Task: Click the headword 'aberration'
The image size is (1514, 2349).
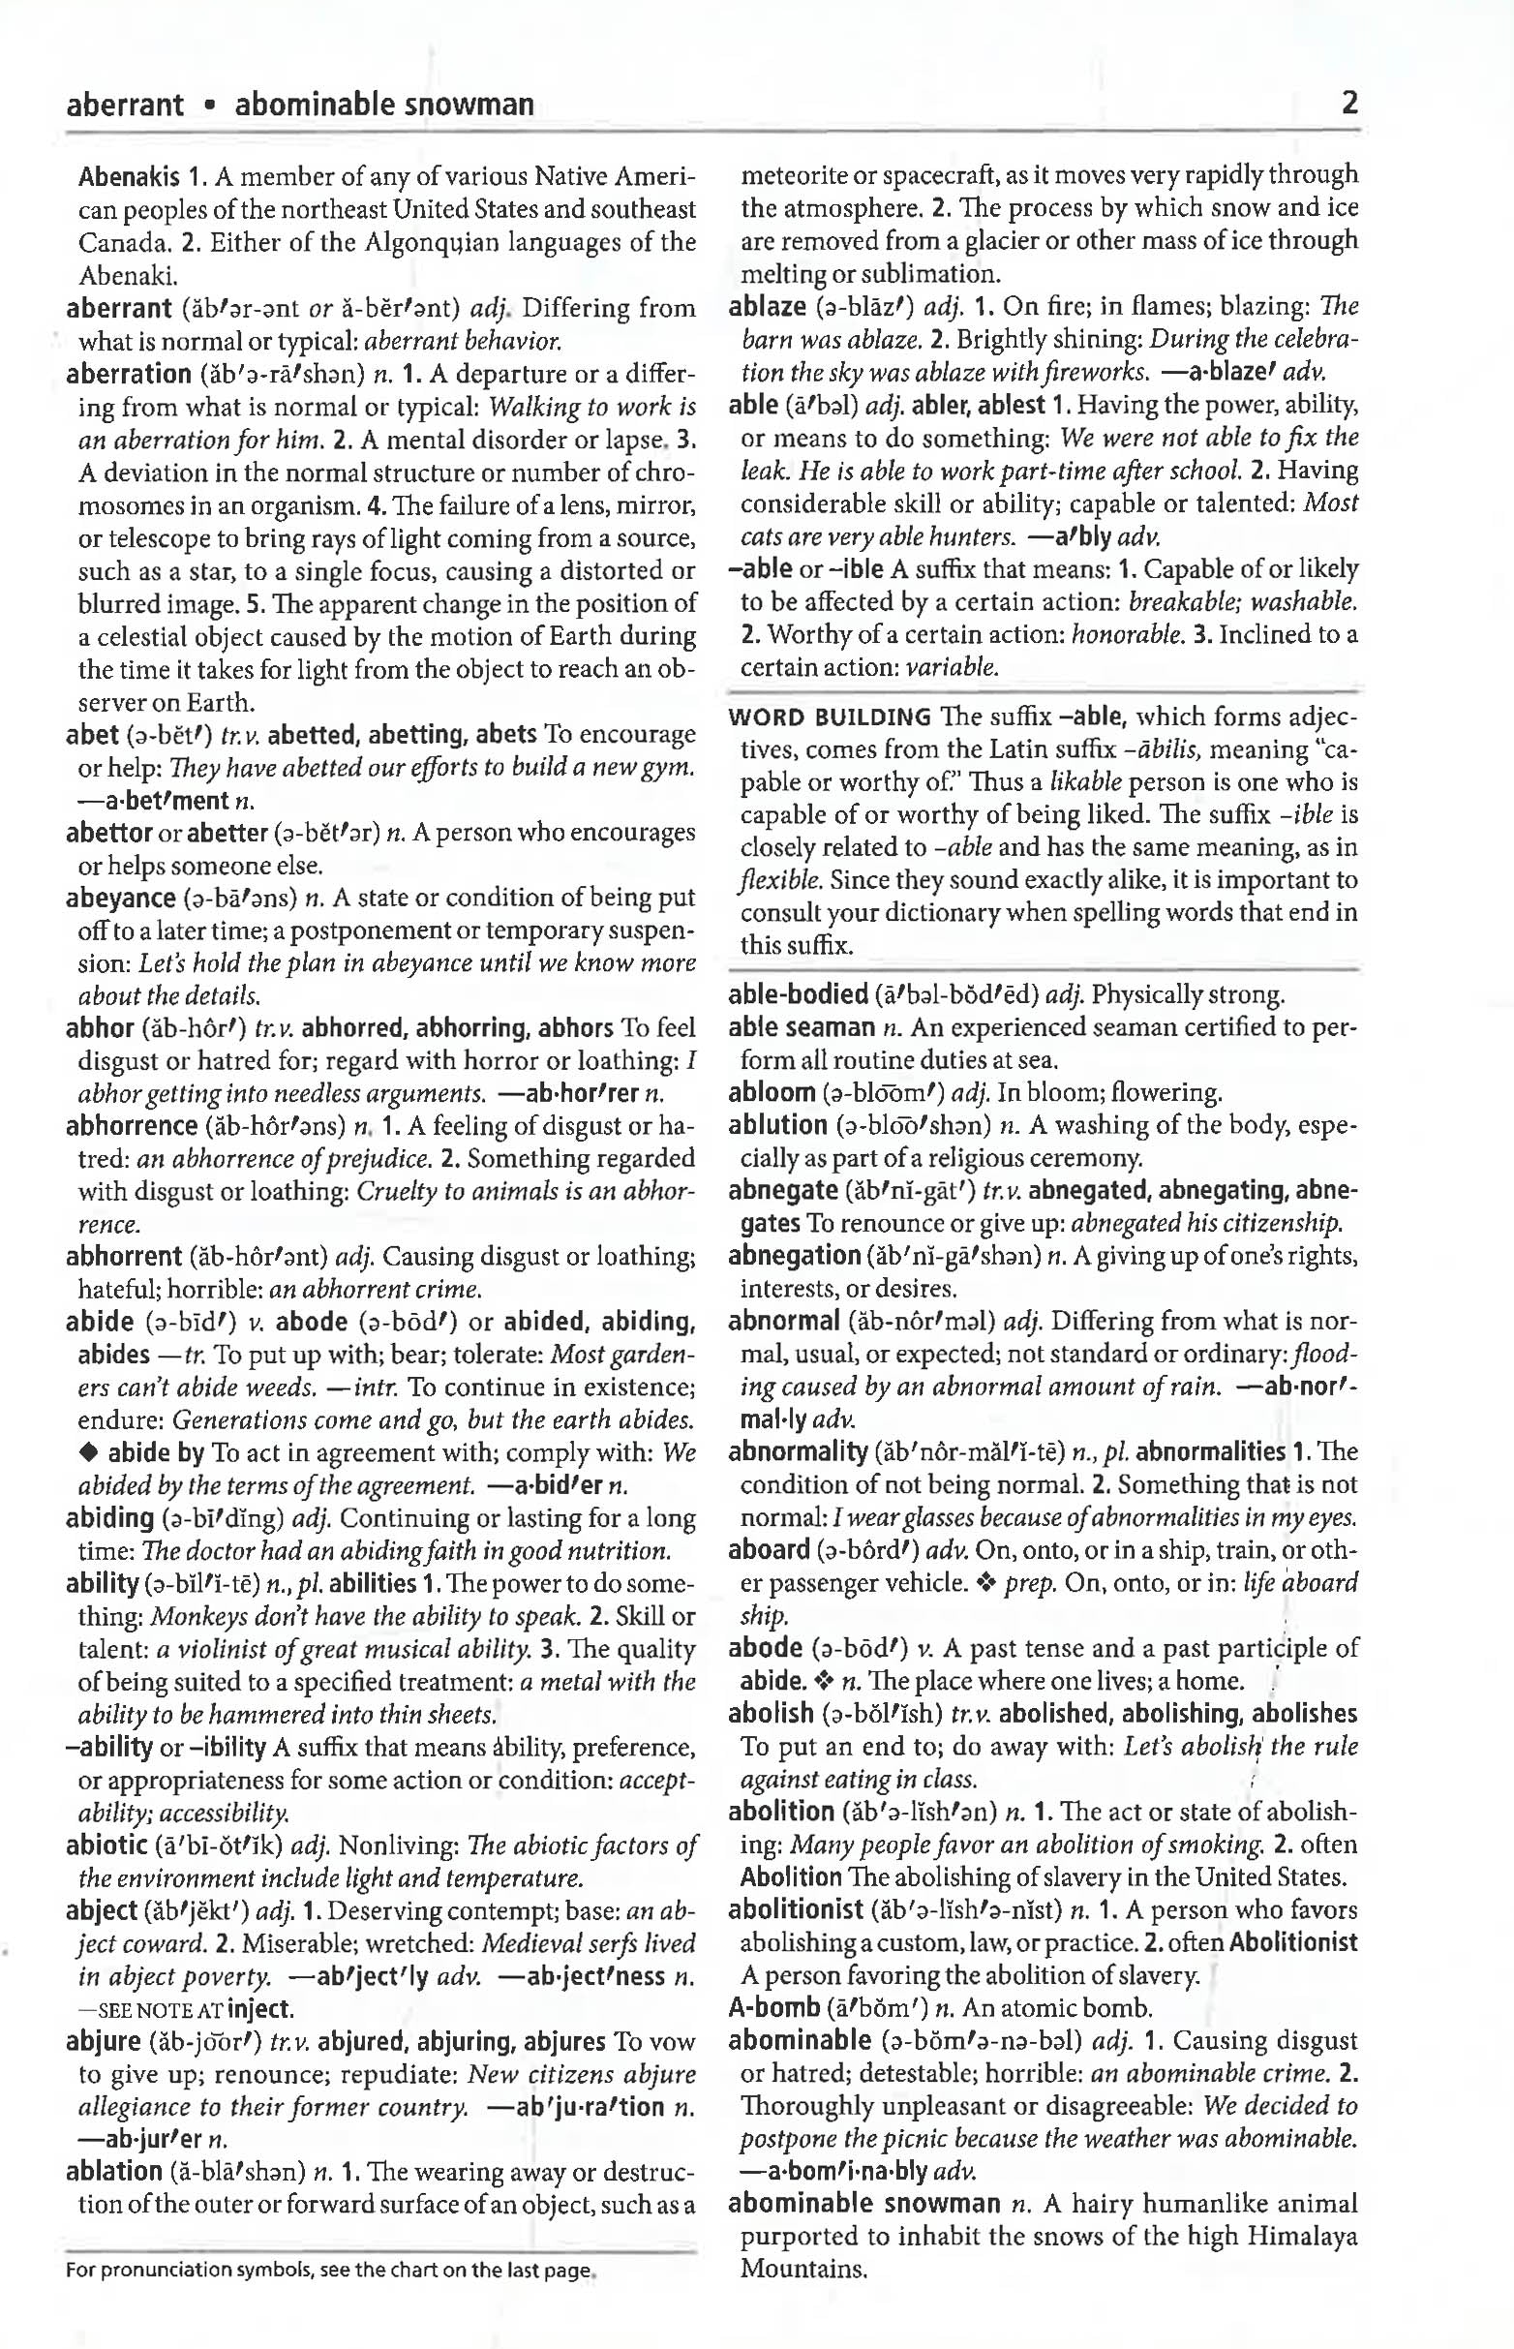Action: tap(128, 375)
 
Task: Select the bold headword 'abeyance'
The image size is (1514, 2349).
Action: tap(121, 898)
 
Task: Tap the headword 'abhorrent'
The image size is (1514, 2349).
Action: tap(124, 1257)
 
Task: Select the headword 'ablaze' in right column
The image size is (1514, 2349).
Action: tap(767, 307)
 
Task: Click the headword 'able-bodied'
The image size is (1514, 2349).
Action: tap(798, 995)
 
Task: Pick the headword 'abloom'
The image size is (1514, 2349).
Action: tap(772, 1093)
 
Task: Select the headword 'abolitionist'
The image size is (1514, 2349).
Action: tap(796, 1910)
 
